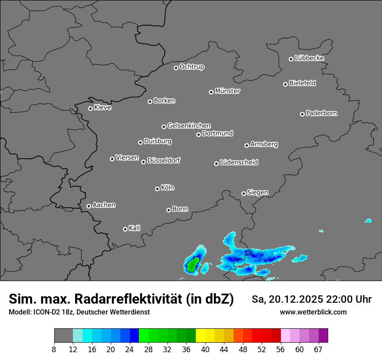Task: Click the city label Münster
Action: click(x=227, y=91)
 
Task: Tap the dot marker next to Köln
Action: click(x=157, y=189)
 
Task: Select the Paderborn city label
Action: click(x=321, y=113)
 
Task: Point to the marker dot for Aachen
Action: click(x=89, y=206)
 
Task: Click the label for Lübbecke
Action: click(x=309, y=58)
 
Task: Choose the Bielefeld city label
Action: click(x=302, y=83)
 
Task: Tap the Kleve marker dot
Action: click(x=90, y=108)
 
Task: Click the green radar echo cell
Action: click(x=191, y=264)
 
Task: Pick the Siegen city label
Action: click(x=257, y=193)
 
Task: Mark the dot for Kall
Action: click(x=125, y=229)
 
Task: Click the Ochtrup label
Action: click(x=191, y=67)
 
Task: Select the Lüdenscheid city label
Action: click(x=239, y=163)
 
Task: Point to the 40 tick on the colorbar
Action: click(x=205, y=349)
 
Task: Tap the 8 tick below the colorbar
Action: click(x=54, y=349)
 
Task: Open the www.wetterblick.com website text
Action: click(x=313, y=312)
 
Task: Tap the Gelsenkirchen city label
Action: click(x=189, y=126)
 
